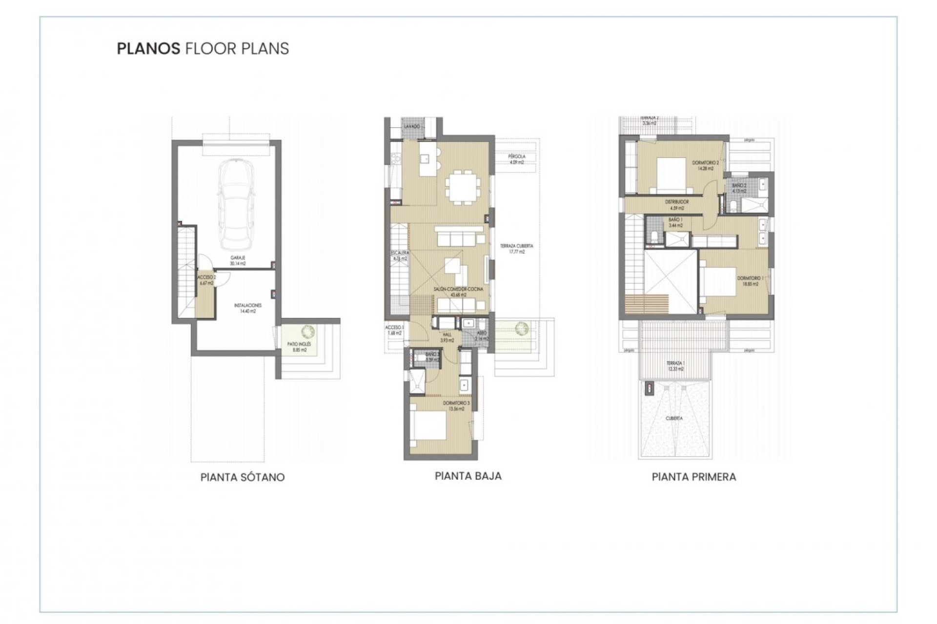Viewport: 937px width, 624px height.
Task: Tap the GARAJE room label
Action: (238, 258)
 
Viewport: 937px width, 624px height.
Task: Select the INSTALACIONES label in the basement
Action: (248, 305)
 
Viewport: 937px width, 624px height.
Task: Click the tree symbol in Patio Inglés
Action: (308, 332)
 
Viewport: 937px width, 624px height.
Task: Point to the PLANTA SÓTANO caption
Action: (243, 477)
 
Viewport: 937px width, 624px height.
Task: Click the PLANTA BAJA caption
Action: (468, 476)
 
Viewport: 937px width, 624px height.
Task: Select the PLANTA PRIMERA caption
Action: (693, 477)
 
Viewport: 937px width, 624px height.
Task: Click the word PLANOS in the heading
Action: (148, 49)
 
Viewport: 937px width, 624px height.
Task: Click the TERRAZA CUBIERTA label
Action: (516, 246)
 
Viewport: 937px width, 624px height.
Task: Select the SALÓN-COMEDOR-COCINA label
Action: (458, 290)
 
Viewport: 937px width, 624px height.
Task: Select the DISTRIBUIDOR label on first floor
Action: (677, 202)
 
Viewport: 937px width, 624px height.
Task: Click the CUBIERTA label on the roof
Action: (673, 418)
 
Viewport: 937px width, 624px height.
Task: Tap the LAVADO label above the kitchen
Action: (412, 127)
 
